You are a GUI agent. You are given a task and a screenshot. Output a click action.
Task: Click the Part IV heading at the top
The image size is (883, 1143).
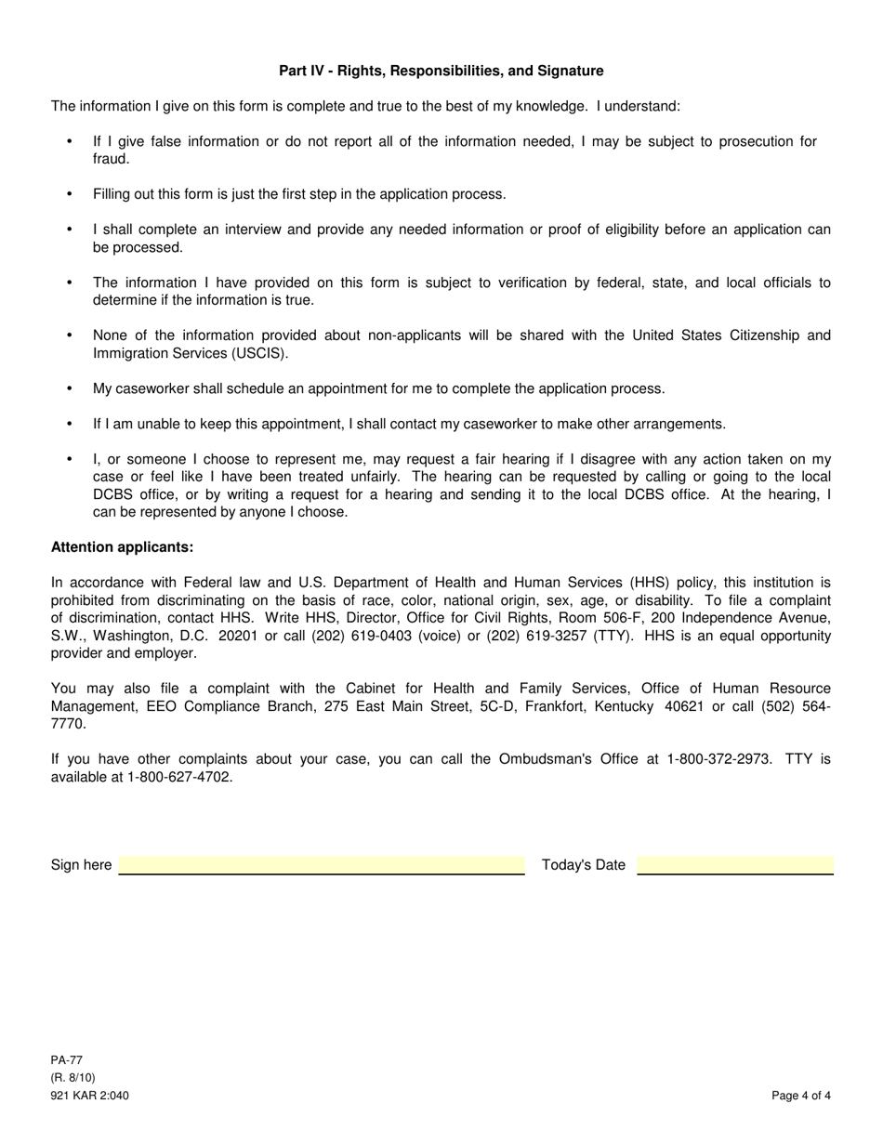[441, 71]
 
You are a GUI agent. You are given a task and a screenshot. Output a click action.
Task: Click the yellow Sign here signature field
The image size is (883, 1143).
[322, 865]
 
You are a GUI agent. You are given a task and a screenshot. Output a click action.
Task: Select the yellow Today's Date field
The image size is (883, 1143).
[735, 865]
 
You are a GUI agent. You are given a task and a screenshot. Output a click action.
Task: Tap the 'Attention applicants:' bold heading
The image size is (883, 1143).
[122, 547]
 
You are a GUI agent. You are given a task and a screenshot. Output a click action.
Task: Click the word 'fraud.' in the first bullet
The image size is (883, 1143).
[111, 159]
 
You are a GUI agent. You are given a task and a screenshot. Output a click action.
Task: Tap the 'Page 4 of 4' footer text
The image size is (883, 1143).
[801, 1096]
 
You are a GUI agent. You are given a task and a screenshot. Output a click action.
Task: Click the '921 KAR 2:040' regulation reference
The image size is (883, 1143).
[90, 1096]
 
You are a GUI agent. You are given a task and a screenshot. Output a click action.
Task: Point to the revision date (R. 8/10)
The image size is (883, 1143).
[72, 1078]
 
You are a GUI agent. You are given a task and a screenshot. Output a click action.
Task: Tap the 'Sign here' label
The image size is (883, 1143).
[81, 865]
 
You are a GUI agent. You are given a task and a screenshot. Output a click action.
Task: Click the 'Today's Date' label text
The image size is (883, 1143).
[584, 865]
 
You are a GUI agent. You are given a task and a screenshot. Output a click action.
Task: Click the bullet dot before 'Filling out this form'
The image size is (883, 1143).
[70, 194]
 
